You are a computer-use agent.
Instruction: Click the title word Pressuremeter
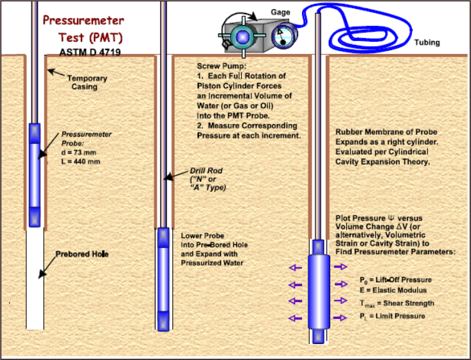83,21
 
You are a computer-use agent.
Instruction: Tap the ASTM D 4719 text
90,52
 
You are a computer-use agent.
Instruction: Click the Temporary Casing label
87,82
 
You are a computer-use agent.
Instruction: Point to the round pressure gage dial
283,36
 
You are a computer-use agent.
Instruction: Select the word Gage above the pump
280,12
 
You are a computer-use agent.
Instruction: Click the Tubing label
427,42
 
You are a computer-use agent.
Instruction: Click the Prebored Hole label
82,254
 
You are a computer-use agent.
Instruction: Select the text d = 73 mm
78,152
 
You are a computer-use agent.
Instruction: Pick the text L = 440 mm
80,161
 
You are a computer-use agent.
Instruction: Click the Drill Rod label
206,171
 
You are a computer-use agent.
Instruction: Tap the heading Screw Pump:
222,66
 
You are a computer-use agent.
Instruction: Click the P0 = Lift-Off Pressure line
396,280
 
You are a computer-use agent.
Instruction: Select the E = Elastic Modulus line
393,291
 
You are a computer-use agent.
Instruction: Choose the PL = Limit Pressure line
393,316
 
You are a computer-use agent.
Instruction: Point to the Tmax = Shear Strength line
397,303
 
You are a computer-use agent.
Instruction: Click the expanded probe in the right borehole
319,291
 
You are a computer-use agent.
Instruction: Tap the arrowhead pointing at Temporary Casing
51,71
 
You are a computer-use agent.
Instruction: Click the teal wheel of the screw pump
242,37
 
